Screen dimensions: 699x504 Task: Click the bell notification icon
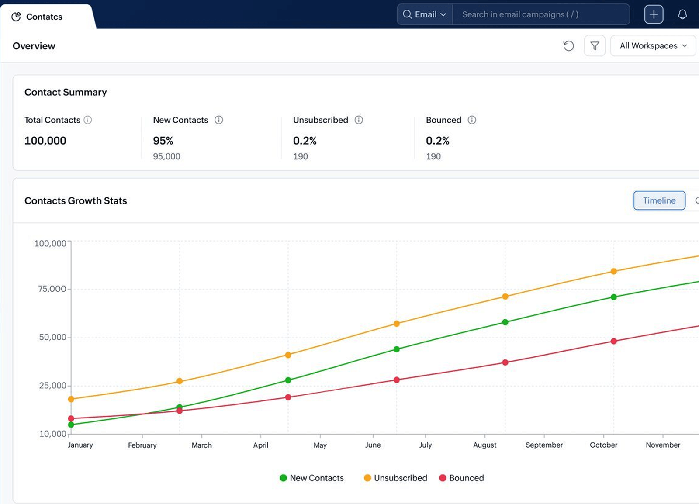tap(682, 14)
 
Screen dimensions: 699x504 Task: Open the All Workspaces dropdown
tap(653, 46)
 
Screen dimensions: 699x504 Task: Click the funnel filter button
tap(595, 46)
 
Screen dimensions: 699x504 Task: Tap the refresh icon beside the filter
tap(568, 46)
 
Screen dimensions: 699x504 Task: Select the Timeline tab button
tap(659, 200)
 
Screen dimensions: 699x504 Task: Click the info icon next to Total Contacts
tap(88, 120)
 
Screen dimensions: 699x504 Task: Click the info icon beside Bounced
tap(472, 120)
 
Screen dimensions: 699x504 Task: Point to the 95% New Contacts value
tap(163, 141)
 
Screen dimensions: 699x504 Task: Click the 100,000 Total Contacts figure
tap(45, 141)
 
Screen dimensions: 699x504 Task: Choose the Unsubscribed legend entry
tap(396, 478)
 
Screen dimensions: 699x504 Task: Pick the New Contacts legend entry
tap(312, 478)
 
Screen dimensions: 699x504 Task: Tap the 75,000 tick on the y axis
tap(52, 289)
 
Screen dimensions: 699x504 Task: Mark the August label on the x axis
tap(484, 445)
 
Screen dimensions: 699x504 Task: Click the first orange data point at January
tap(71, 399)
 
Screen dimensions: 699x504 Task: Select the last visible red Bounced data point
tap(614, 341)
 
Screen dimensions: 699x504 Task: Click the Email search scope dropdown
tap(425, 14)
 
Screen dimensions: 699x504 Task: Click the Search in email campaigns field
tap(541, 14)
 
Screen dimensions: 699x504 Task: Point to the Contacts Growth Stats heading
tap(76, 200)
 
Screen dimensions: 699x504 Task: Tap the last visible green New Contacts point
tap(614, 297)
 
